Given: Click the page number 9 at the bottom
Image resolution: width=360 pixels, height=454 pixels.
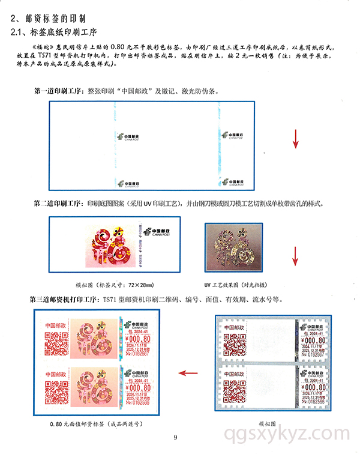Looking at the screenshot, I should (x=175, y=437).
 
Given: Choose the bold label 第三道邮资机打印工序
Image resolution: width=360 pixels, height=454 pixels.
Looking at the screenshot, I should (x=65, y=298).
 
